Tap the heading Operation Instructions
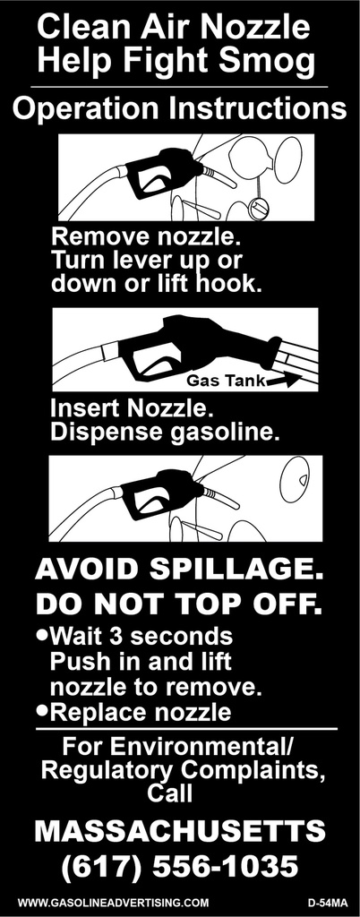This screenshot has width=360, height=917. [179, 108]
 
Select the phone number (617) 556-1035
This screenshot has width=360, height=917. [179, 867]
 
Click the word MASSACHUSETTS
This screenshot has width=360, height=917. [179, 832]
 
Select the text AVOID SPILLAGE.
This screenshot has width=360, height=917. [179, 570]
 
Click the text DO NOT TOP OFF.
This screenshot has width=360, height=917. [179, 603]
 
